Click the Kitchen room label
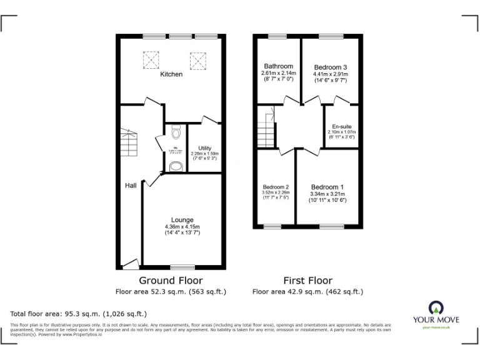click(x=171, y=74)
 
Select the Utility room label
click(x=204, y=148)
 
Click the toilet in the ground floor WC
click(x=176, y=132)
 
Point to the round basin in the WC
click(x=176, y=166)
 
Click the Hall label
click(x=131, y=186)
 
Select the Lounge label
click(x=182, y=219)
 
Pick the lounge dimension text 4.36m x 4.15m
click(x=182, y=226)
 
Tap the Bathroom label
click(x=278, y=66)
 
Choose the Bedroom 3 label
click(x=331, y=67)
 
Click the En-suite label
click(x=341, y=127)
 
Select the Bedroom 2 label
click(x=275, y=187)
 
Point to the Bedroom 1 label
click(x=327, y=187)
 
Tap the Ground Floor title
click(x=171, y=281)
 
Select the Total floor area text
click(x=79, y=314)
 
